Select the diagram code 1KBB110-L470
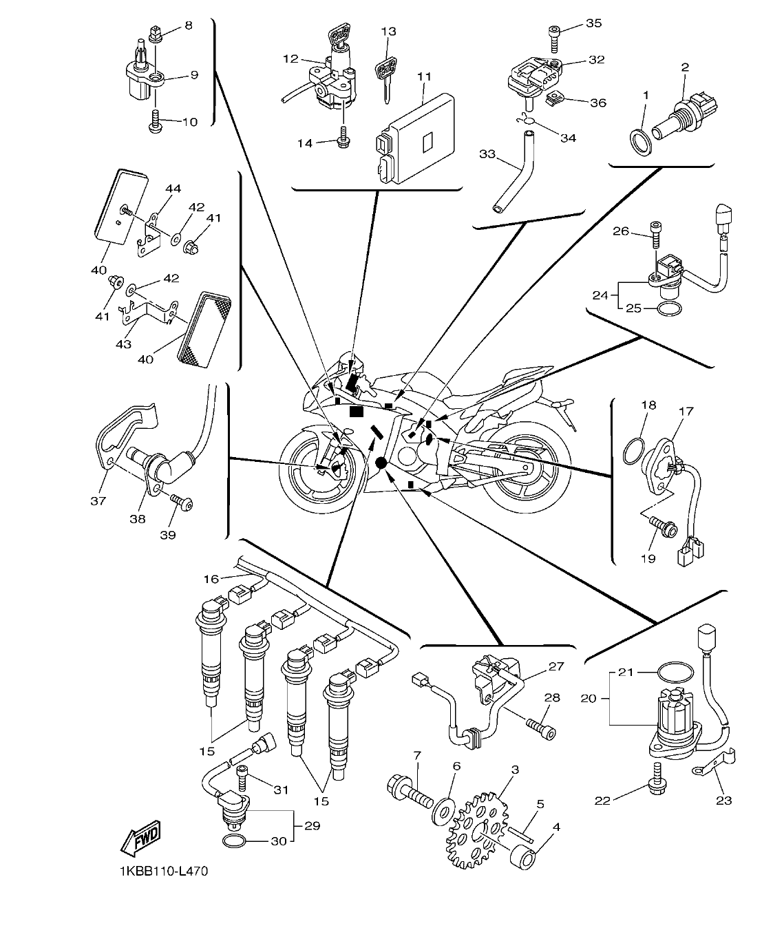click(162, 871)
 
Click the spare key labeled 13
click(386, 76)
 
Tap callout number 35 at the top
click(593, 23)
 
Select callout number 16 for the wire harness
click(211, 579)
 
